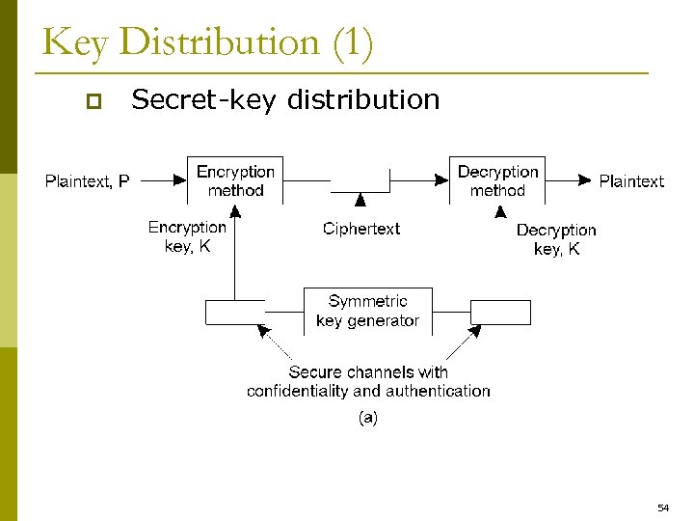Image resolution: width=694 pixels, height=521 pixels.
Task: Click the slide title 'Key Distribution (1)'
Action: point(207,43)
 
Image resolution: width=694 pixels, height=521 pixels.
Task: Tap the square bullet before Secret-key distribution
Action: point(93,100)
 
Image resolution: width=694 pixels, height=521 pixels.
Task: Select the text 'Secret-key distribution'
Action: point(285,99)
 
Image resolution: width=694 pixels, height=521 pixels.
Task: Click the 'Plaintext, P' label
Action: point(88,180)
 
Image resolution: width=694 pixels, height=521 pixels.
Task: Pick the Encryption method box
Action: point(235,180)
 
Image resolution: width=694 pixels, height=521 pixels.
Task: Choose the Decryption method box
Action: point(497,180)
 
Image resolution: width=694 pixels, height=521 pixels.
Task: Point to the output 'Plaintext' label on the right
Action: point(631,180)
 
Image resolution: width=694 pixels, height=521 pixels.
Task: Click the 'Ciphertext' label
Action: point(361,229)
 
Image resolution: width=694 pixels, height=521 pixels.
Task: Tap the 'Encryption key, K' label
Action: point(187,237)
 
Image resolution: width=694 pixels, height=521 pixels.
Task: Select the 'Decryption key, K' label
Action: point(556,239)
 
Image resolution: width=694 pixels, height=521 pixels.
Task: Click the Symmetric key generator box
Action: point(367,311)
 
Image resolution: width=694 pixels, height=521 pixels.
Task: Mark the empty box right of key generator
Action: point(500,313)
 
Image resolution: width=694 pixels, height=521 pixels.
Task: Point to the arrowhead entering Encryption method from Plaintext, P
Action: point(179,180)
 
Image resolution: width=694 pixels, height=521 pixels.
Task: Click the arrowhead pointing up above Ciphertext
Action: point(360,201)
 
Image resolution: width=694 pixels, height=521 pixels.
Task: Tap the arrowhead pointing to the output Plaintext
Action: point(584,180)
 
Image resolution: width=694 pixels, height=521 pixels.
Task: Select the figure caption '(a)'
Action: point(367,419)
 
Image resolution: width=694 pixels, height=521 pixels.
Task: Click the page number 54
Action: point(663,507)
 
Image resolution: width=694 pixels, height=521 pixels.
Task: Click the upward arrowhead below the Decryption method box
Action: point(500,211)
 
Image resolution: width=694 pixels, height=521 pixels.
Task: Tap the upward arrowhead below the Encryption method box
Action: point(235,211)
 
